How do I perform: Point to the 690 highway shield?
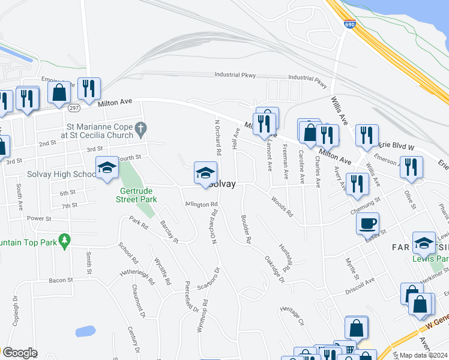[349, 25]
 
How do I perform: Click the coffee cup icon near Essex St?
[367, 223]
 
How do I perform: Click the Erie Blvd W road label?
[397, 146]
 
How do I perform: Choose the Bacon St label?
[61, 280]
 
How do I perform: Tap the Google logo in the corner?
[20, 353]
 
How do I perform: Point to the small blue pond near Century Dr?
[85, 331]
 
